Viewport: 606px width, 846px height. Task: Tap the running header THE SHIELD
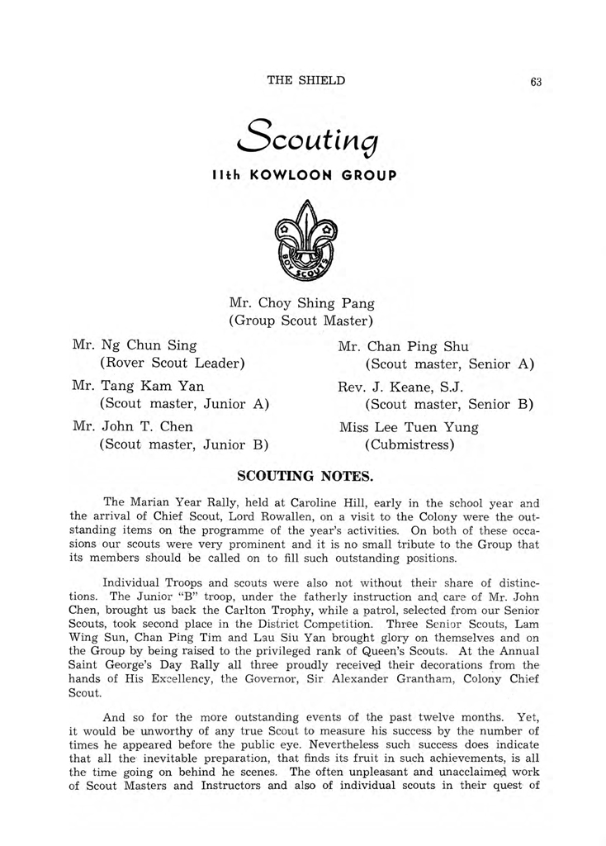pos(305,80)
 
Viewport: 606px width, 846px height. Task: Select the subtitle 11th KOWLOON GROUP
pos(302,175)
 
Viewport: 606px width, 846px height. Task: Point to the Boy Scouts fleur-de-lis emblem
pos(303,242)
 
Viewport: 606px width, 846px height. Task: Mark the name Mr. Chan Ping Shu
pos(403,346)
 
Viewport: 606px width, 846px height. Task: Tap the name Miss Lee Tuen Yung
pos(409,427)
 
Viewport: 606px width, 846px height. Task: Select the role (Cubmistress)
pos(410,445)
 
